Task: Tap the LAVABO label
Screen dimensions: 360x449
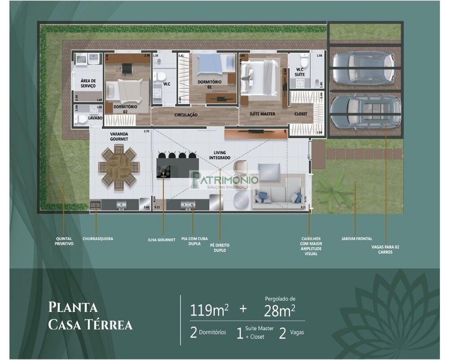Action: pos(95,118)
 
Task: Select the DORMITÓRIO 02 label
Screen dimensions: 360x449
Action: pos(122,109)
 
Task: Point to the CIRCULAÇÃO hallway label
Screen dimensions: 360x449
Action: pos(186,115)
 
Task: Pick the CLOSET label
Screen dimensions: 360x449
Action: pos(301,114)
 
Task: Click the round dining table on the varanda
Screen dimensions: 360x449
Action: pos(119,167)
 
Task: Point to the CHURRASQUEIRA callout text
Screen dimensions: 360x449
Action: pos(98,239)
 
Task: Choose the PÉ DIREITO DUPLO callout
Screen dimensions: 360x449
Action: pos(220,248)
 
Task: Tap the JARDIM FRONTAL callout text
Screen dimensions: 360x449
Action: pos(357,239)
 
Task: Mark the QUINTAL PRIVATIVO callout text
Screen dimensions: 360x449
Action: pos(64,241)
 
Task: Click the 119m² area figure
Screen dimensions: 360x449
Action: pos(210,311)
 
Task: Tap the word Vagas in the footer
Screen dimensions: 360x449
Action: pos(300,333)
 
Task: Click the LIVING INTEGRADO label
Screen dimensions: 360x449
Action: pos(220,156)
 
